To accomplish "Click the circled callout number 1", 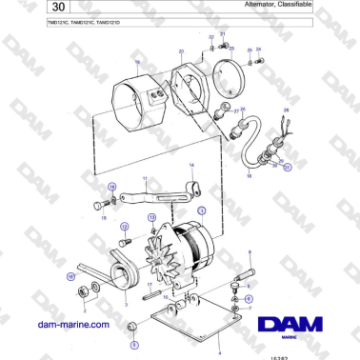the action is [201, 208].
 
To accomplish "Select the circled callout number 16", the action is [69, 276].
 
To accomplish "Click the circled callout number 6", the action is [250, 298].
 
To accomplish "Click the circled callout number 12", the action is [124, 227].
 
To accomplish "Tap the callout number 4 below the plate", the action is [220, 350].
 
